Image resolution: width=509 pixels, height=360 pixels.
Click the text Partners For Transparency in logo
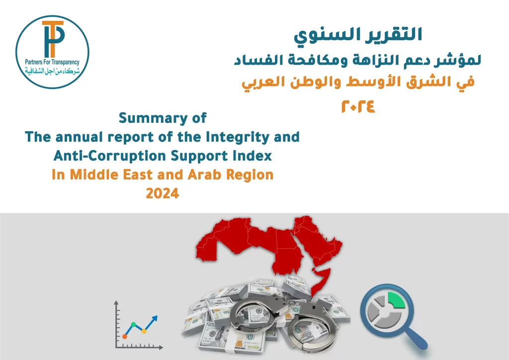coord(52,62)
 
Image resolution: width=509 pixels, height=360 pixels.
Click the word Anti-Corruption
coord(110,156)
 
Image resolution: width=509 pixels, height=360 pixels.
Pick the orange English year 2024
coord(163,193)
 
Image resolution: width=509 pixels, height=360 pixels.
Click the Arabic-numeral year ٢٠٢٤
coord(358,106)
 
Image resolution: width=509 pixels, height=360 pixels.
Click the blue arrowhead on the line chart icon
coord(155,318)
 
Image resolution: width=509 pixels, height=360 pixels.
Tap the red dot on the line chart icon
coord(124,337)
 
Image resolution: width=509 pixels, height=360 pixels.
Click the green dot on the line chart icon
coord(133,324)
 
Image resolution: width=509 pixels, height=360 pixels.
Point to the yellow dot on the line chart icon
coord(144,331)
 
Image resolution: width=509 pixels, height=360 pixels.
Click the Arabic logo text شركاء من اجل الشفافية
coord(52,71)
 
